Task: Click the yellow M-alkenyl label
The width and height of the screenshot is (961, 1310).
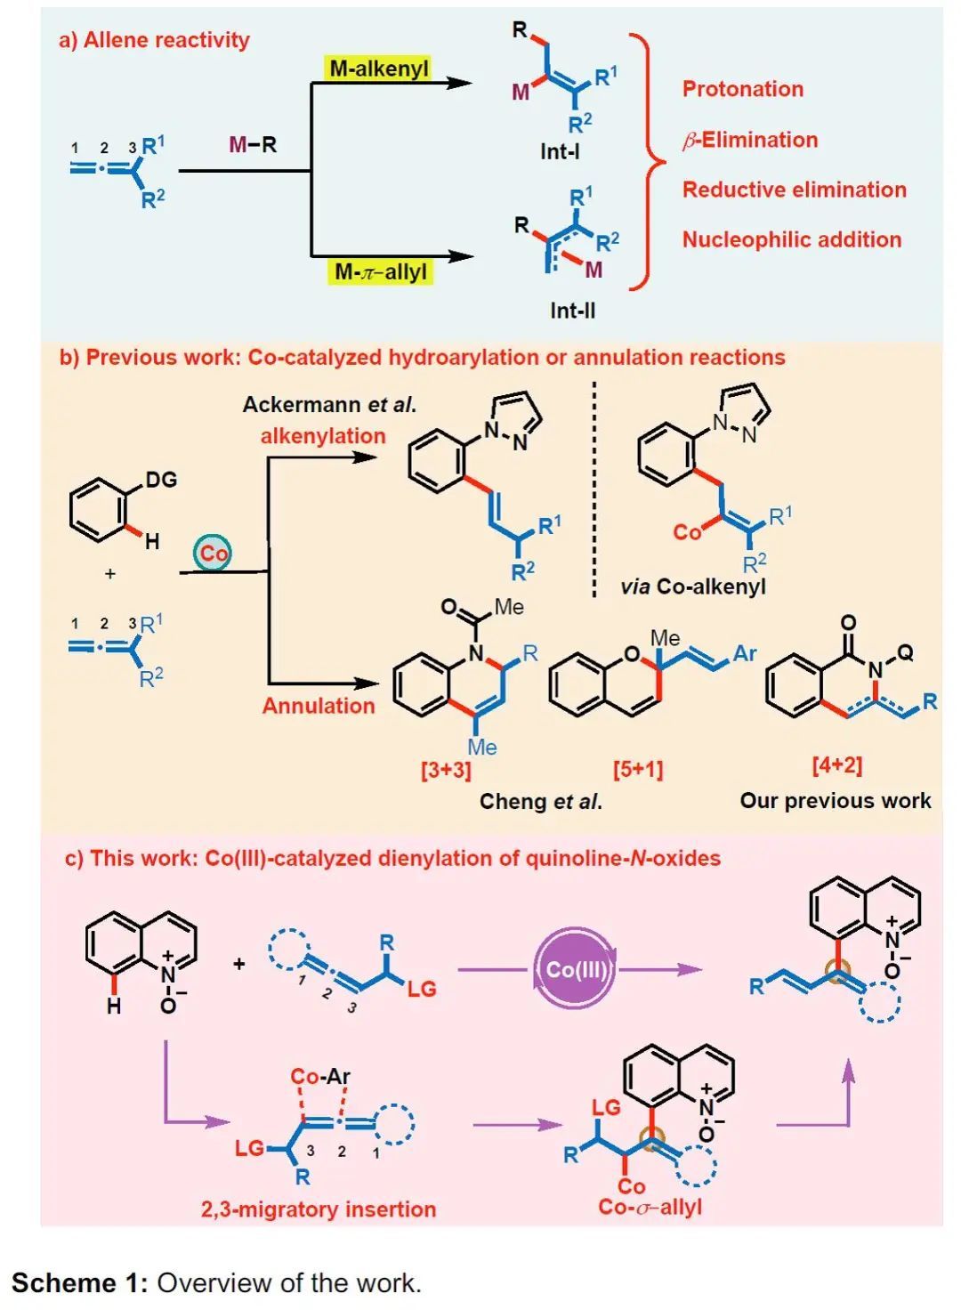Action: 379,69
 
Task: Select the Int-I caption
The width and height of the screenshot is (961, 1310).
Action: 560,152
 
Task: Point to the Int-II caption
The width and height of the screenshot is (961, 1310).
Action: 572,311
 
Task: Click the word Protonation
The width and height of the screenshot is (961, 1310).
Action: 743,89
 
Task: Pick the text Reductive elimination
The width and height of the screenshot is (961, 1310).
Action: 795,190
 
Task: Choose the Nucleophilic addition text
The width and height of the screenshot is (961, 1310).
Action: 792,239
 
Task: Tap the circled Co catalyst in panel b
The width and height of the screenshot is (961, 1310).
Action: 213,554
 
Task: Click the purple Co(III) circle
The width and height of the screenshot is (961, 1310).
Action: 575,968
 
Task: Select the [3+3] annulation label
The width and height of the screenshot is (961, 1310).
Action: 446,769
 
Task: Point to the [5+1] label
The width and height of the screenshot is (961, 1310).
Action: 638,769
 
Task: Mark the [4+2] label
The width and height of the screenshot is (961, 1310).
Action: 836,764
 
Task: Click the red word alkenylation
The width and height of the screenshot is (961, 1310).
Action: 323,436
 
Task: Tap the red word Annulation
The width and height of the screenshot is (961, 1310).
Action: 319,706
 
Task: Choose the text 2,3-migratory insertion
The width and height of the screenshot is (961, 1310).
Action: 319,1209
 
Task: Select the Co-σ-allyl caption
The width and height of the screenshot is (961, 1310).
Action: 650,1208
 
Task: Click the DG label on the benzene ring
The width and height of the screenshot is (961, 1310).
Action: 161,480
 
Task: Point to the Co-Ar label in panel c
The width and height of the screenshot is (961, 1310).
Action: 320,1077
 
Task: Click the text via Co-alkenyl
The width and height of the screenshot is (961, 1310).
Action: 693,586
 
